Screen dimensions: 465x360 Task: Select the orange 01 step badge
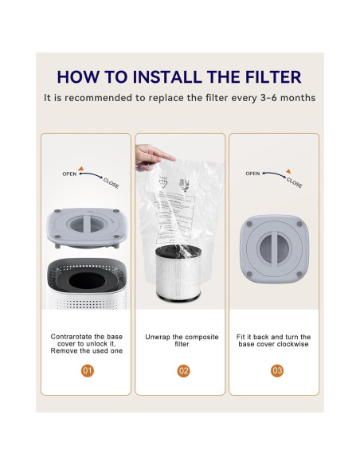[x=87, y=370]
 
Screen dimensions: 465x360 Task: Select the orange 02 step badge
[x=183, y=370]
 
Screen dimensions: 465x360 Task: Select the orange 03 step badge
[x=276, y=370]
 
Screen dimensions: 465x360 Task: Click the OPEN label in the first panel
[x=70, y=173]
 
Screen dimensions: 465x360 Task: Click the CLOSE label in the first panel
[x=112, y=182]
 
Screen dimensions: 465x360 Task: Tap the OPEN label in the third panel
[x=252, y=173]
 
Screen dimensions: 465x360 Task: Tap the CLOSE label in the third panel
[x=294, y=182]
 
